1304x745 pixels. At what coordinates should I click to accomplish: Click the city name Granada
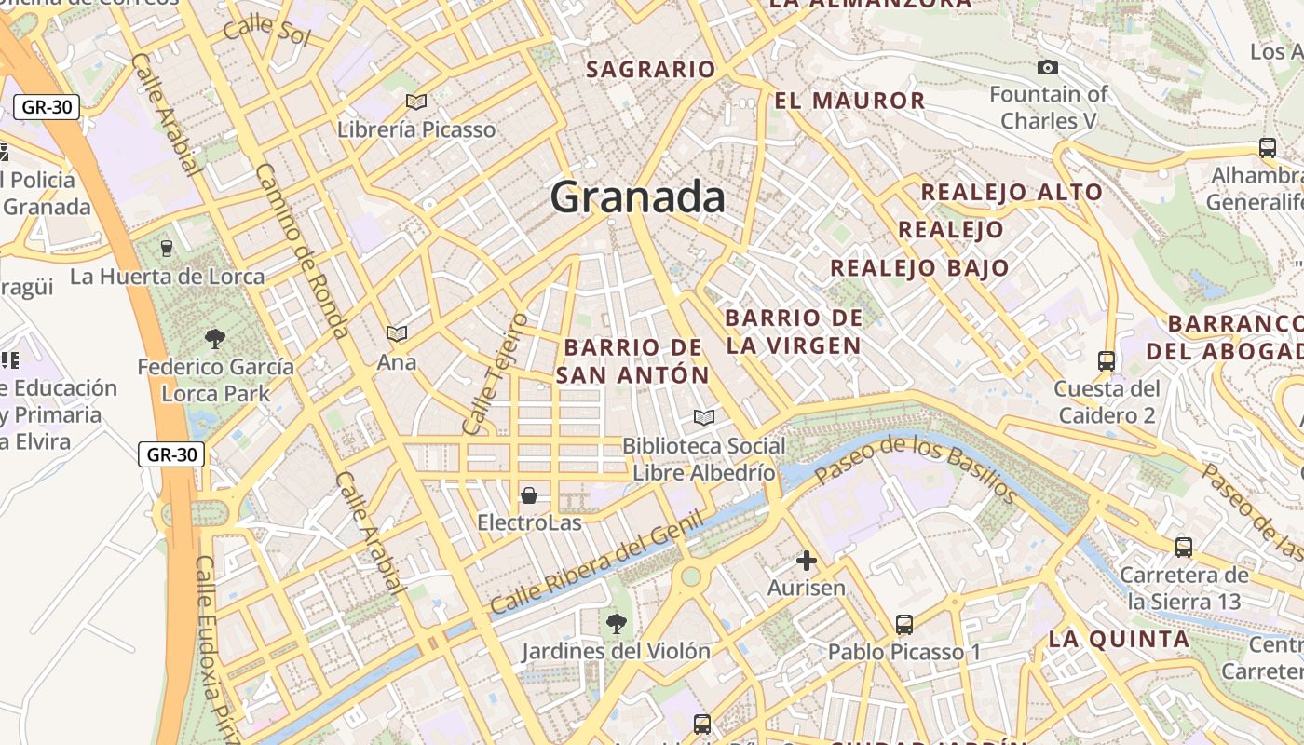(x=637, y=197)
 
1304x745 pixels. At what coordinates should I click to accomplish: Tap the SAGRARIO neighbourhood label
(x=651, y=70)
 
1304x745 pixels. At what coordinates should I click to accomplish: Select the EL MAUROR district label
(x=849, y=101)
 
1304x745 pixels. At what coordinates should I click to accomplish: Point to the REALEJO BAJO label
(x=919, y=268)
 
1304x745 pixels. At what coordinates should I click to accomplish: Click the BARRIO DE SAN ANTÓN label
(x=633, y=361)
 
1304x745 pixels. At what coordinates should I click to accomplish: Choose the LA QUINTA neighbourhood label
(x=1119, y=640)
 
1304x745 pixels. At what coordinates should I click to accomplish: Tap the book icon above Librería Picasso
(x=416, y=102)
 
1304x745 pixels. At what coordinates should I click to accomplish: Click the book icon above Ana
(x=397, y=333)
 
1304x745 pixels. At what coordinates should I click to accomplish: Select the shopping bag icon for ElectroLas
(x=529, y=494)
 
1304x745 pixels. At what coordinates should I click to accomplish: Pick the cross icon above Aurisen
(x=807, y=561)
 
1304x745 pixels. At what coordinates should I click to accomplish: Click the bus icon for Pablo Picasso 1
(x=903, y=624)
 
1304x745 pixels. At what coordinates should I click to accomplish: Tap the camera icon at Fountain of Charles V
(x=1048, y=67)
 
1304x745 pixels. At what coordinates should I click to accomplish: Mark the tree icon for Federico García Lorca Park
(x=215, y=338)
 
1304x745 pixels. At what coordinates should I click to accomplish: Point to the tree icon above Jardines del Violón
(x=616, y=623)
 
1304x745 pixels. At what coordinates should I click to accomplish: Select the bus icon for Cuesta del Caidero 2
(x=1107, y=360)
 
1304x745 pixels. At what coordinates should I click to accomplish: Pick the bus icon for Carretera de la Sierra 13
(x=1184, y=547)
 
